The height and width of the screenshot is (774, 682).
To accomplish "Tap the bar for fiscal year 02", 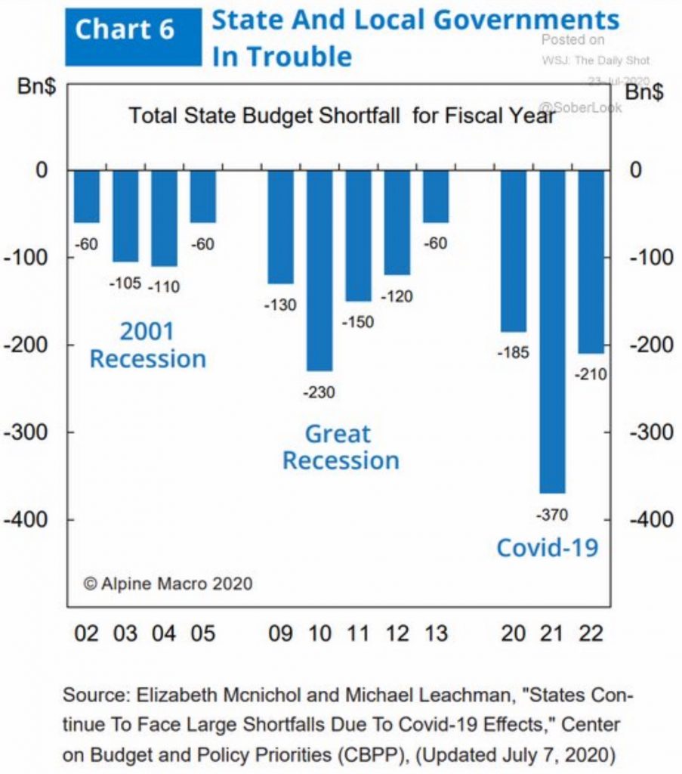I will (x=87, y=196).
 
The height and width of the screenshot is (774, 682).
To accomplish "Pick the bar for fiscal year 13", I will (x=435, y=196).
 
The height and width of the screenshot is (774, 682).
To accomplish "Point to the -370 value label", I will (x=551, y=515).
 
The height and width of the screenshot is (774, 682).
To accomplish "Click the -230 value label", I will (x=319, y=392).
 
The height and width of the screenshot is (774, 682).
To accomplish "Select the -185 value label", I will (x=514, y=351).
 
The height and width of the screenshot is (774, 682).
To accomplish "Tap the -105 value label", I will (x=125, y=283).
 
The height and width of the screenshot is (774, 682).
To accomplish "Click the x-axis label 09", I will (x=280, y=633).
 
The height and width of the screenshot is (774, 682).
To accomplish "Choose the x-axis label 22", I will (x=591, y=633).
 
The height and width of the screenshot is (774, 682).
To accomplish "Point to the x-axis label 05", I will (x=203, y=633).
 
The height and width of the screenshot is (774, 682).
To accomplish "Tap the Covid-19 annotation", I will (x=547, y=546).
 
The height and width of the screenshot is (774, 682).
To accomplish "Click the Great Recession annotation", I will (x=341, y=447).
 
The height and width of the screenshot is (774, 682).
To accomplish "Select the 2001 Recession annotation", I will (x=148, y=345).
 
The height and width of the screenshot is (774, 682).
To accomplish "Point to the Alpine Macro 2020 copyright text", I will (x=168, y=584).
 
